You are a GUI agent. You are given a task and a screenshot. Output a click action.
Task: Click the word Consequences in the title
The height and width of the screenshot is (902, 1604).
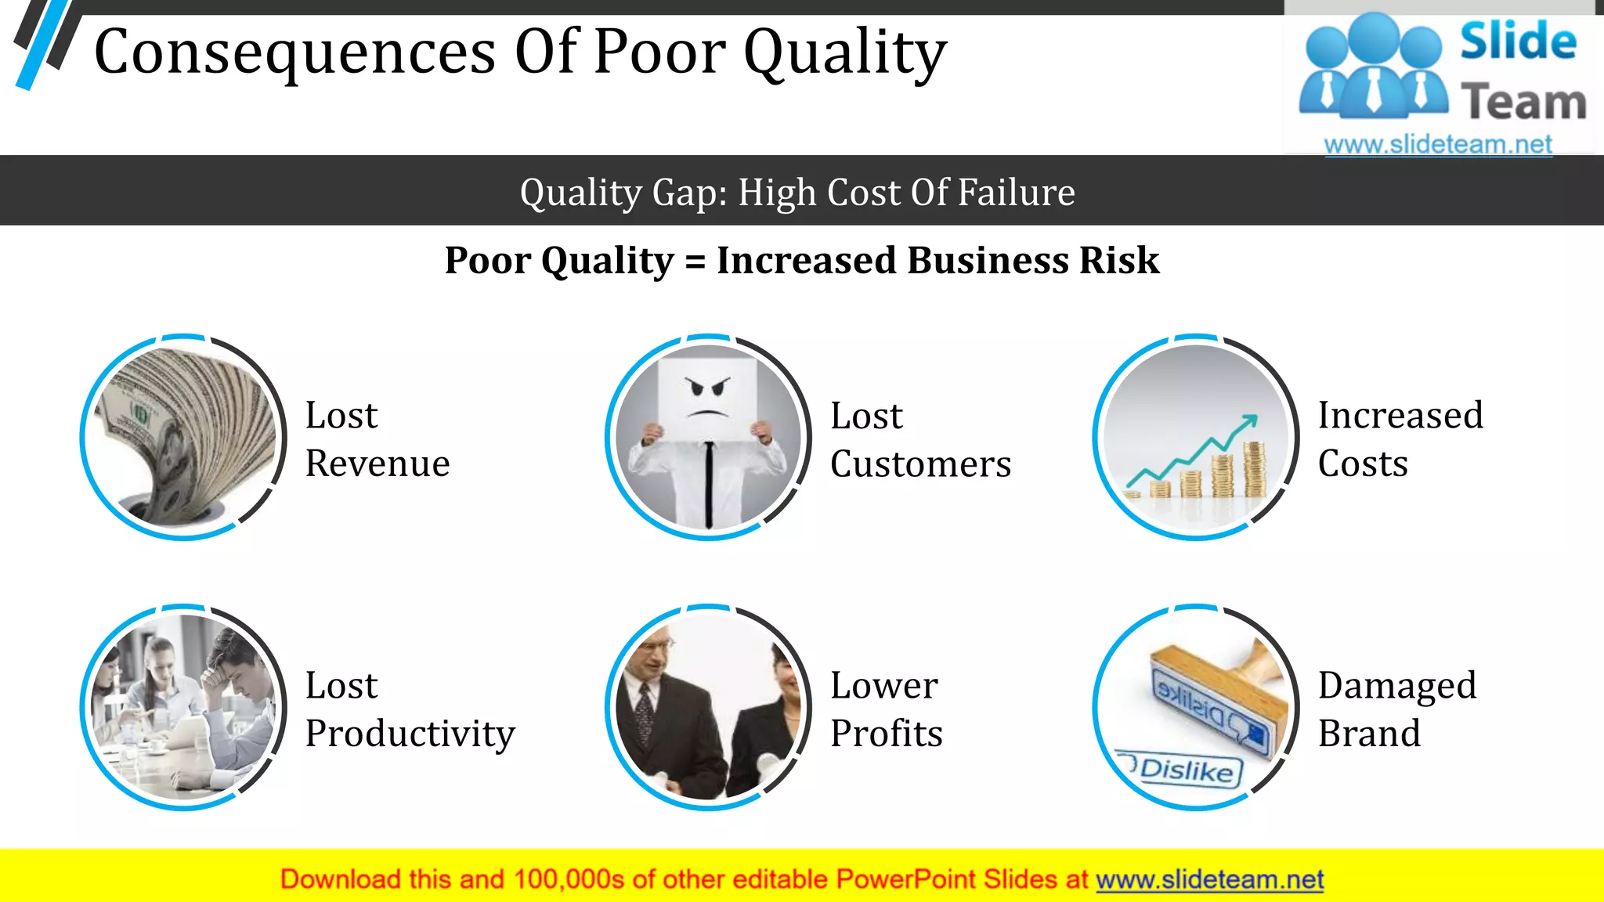coord(294,53)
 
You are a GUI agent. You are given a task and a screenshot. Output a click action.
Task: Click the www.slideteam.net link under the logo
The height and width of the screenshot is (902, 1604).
coord(1437,145)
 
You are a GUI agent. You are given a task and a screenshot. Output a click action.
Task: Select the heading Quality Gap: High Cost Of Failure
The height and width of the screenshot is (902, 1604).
coord(797,193)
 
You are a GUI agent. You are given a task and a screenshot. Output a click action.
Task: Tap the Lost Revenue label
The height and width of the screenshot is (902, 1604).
coord(377,439)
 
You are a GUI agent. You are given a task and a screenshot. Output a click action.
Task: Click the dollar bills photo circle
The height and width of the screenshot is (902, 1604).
coord(183,437)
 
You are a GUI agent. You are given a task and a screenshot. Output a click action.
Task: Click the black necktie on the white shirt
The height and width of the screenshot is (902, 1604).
coord(708,482)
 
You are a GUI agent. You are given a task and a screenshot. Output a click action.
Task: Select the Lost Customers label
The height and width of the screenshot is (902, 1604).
coord(919,440)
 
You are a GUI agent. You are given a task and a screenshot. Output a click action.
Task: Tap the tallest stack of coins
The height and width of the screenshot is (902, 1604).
coord(1254,469)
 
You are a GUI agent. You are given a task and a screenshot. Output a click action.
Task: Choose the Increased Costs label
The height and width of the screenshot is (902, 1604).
coord(1400,439)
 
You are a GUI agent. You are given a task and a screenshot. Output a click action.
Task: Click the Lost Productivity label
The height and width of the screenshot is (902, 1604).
coord(409,709)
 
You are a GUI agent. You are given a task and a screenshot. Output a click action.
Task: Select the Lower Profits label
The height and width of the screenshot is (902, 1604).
coord(886,709)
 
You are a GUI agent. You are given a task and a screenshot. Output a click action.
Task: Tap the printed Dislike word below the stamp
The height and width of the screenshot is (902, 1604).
coord(1186,770)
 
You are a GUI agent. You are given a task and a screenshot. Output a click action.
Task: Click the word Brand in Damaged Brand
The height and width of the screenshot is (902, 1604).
coord(1368,734)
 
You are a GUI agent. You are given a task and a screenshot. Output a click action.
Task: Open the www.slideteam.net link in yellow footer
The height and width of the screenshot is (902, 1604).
coord(1209,880)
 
